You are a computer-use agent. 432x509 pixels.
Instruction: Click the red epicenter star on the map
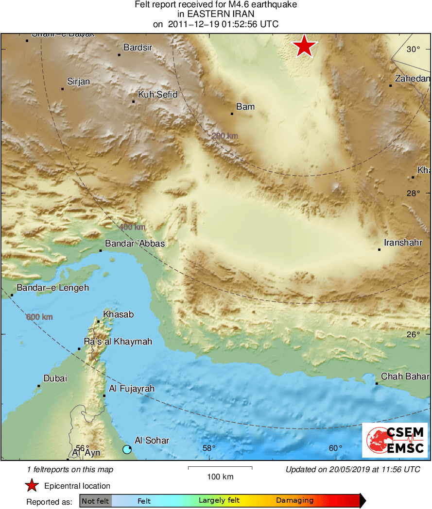click(x=304, y=47)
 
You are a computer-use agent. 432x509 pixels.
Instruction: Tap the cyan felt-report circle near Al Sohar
click(x=127, y=449)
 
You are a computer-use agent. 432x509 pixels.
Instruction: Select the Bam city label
click(x=245, y=107)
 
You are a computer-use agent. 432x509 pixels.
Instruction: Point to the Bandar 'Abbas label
click(x=135, y=244)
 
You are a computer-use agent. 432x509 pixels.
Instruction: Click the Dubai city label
click(x=55, y=378)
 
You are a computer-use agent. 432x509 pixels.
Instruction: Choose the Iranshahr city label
click(x=403, y=243)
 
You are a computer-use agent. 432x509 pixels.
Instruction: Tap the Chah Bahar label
click(x=405, y=377)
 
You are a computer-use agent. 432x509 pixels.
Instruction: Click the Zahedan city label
click(x=413, y=79)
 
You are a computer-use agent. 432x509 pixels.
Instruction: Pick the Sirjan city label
click(x=78, y=82)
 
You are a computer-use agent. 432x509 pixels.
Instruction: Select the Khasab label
click(x=118, y=314)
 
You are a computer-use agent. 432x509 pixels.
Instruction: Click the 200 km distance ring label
click(x=225, y=136)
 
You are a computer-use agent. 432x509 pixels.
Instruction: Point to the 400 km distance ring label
click(x=132, y=227)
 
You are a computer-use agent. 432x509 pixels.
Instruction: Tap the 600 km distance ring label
click(x=39, y=317)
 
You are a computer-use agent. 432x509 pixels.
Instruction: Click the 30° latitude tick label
click(x=414, y=49)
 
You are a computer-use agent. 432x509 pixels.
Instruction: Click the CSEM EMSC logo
click(x=395, y=440)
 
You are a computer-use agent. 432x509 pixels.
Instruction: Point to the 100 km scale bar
click(x=220, y=468)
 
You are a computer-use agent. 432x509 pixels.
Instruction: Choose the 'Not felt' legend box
click(x=95, y=501)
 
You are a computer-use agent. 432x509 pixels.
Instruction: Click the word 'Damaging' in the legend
click(x=295, y=501)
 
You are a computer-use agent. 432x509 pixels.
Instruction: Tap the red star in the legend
click(x=32, y=486)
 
